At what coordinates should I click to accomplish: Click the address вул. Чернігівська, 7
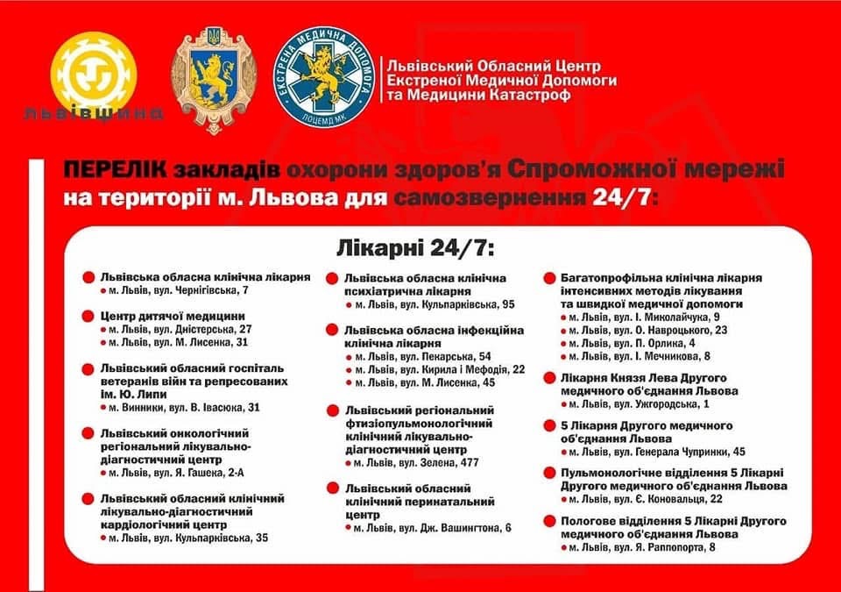coord(182,289)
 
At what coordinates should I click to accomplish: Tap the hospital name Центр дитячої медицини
coord(173,315)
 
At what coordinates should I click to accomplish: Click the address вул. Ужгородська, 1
coord(644,403)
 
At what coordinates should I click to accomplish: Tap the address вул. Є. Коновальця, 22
coord(648,499)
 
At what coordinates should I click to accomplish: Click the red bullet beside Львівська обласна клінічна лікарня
coord(88,277)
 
